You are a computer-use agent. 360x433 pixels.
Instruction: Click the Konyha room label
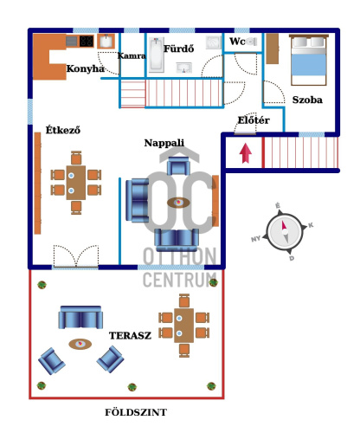tap(85, 68)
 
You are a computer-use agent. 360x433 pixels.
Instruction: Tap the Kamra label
tap(132, 55)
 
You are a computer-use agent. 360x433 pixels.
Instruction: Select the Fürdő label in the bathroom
tap(179, 48)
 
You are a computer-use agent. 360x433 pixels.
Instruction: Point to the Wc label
tap(237, 42)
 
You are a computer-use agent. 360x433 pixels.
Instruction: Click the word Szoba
tap(307, 100)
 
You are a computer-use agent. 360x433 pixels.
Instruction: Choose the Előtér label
tap(254, 120)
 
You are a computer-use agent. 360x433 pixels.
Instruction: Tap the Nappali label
tap(164, 143)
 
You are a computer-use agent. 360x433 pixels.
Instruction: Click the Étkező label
tap(63, 130)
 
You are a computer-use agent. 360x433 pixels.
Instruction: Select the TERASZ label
tap(130, 335)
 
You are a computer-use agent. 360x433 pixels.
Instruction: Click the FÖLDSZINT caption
tap(136, 412)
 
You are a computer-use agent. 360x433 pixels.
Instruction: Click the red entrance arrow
tap(245, 153)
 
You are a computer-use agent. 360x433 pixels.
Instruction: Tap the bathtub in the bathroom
tap(157, 55)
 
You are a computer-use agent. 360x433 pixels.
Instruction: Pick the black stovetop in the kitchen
tap(87, 41)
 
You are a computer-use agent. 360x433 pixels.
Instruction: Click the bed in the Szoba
tap(309, 60)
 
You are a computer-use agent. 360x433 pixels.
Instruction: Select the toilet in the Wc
tap(252, 42)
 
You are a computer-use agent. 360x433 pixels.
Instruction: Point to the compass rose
tap(284, 232)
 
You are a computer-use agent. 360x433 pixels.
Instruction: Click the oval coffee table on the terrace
tap(80, 344)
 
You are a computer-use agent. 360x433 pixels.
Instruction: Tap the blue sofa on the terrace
tap(80, 317)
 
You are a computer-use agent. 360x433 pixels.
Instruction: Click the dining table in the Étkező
tap(76, 183)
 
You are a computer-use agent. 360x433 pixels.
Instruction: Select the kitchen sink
tap(106, 42)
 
